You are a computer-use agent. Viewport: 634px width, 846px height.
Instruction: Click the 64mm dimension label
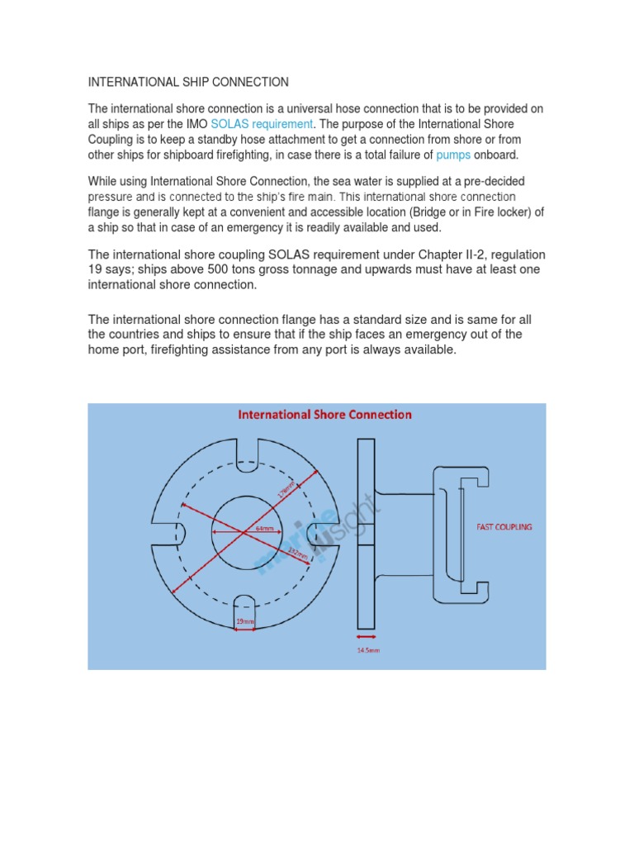[x=264, y=527]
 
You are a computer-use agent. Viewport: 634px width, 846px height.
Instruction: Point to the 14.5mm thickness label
[x=368, y=649]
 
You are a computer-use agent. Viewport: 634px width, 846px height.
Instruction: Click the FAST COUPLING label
[x=504, y=526]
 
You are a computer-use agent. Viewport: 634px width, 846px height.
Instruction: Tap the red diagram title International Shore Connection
[x=324, y=415]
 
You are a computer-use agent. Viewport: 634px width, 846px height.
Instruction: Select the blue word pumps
[x=452, y=154]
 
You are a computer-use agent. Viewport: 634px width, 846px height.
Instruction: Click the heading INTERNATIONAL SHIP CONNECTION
[x=188, y=83]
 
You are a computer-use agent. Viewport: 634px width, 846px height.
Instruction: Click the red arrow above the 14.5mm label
[x=368, y=637]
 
